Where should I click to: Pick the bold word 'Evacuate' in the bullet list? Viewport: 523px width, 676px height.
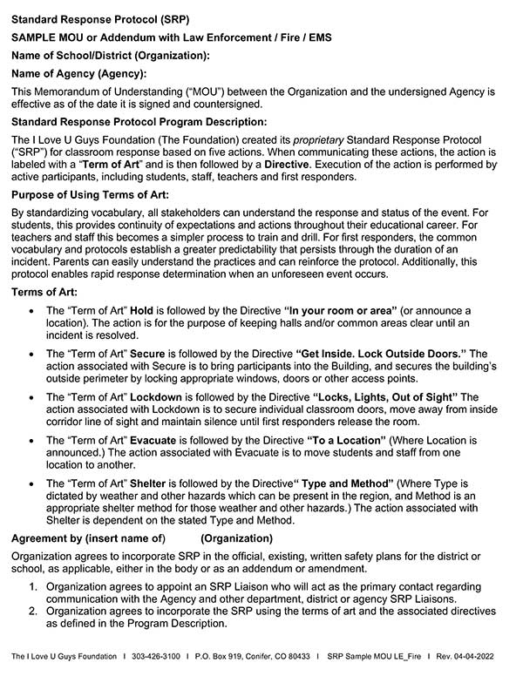153,442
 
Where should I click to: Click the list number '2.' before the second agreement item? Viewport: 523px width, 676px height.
33,612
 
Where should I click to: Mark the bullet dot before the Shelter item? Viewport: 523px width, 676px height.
33,483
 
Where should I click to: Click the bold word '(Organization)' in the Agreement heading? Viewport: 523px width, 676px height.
236,537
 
